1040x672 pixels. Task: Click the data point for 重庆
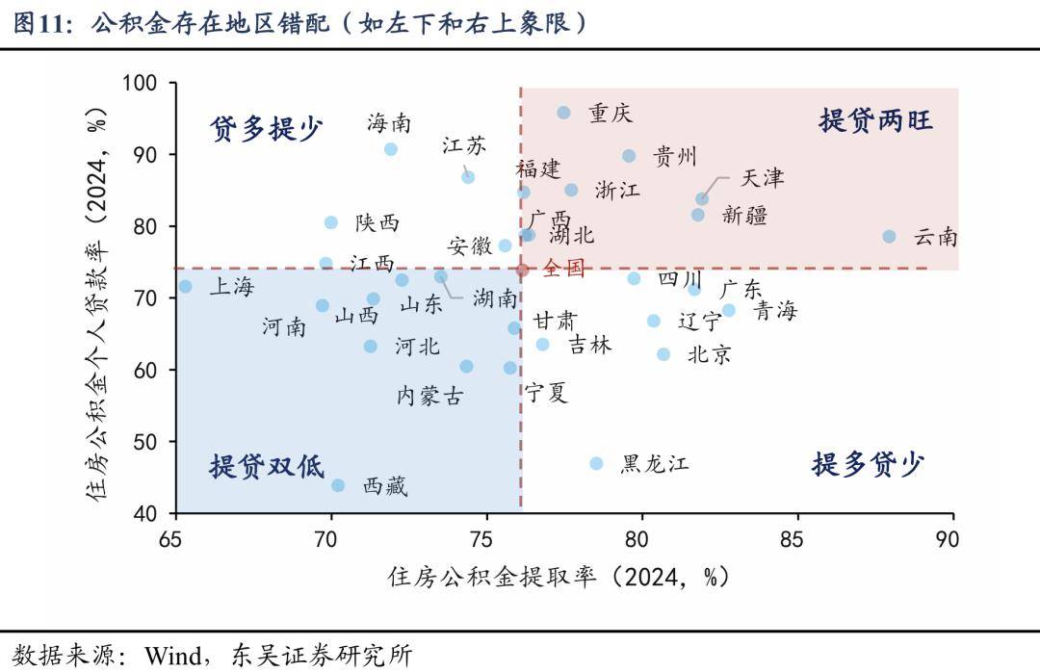(563, 113)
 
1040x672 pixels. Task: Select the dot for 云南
(889, 236)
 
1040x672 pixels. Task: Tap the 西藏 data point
(338, 485)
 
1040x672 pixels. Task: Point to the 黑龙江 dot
(596, 463)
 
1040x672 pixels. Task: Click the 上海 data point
(185, 286)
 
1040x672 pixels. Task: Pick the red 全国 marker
(522, 270)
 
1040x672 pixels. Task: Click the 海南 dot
(391, 149)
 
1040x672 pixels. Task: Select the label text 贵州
(674, 157)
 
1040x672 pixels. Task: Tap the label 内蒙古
(429, 395)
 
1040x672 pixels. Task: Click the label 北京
(709, 354)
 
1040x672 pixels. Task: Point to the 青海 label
(774, 311)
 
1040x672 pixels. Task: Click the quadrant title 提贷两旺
(875, 121)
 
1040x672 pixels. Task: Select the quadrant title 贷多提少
(266, 128)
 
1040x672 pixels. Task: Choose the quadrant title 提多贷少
(868, 465)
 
